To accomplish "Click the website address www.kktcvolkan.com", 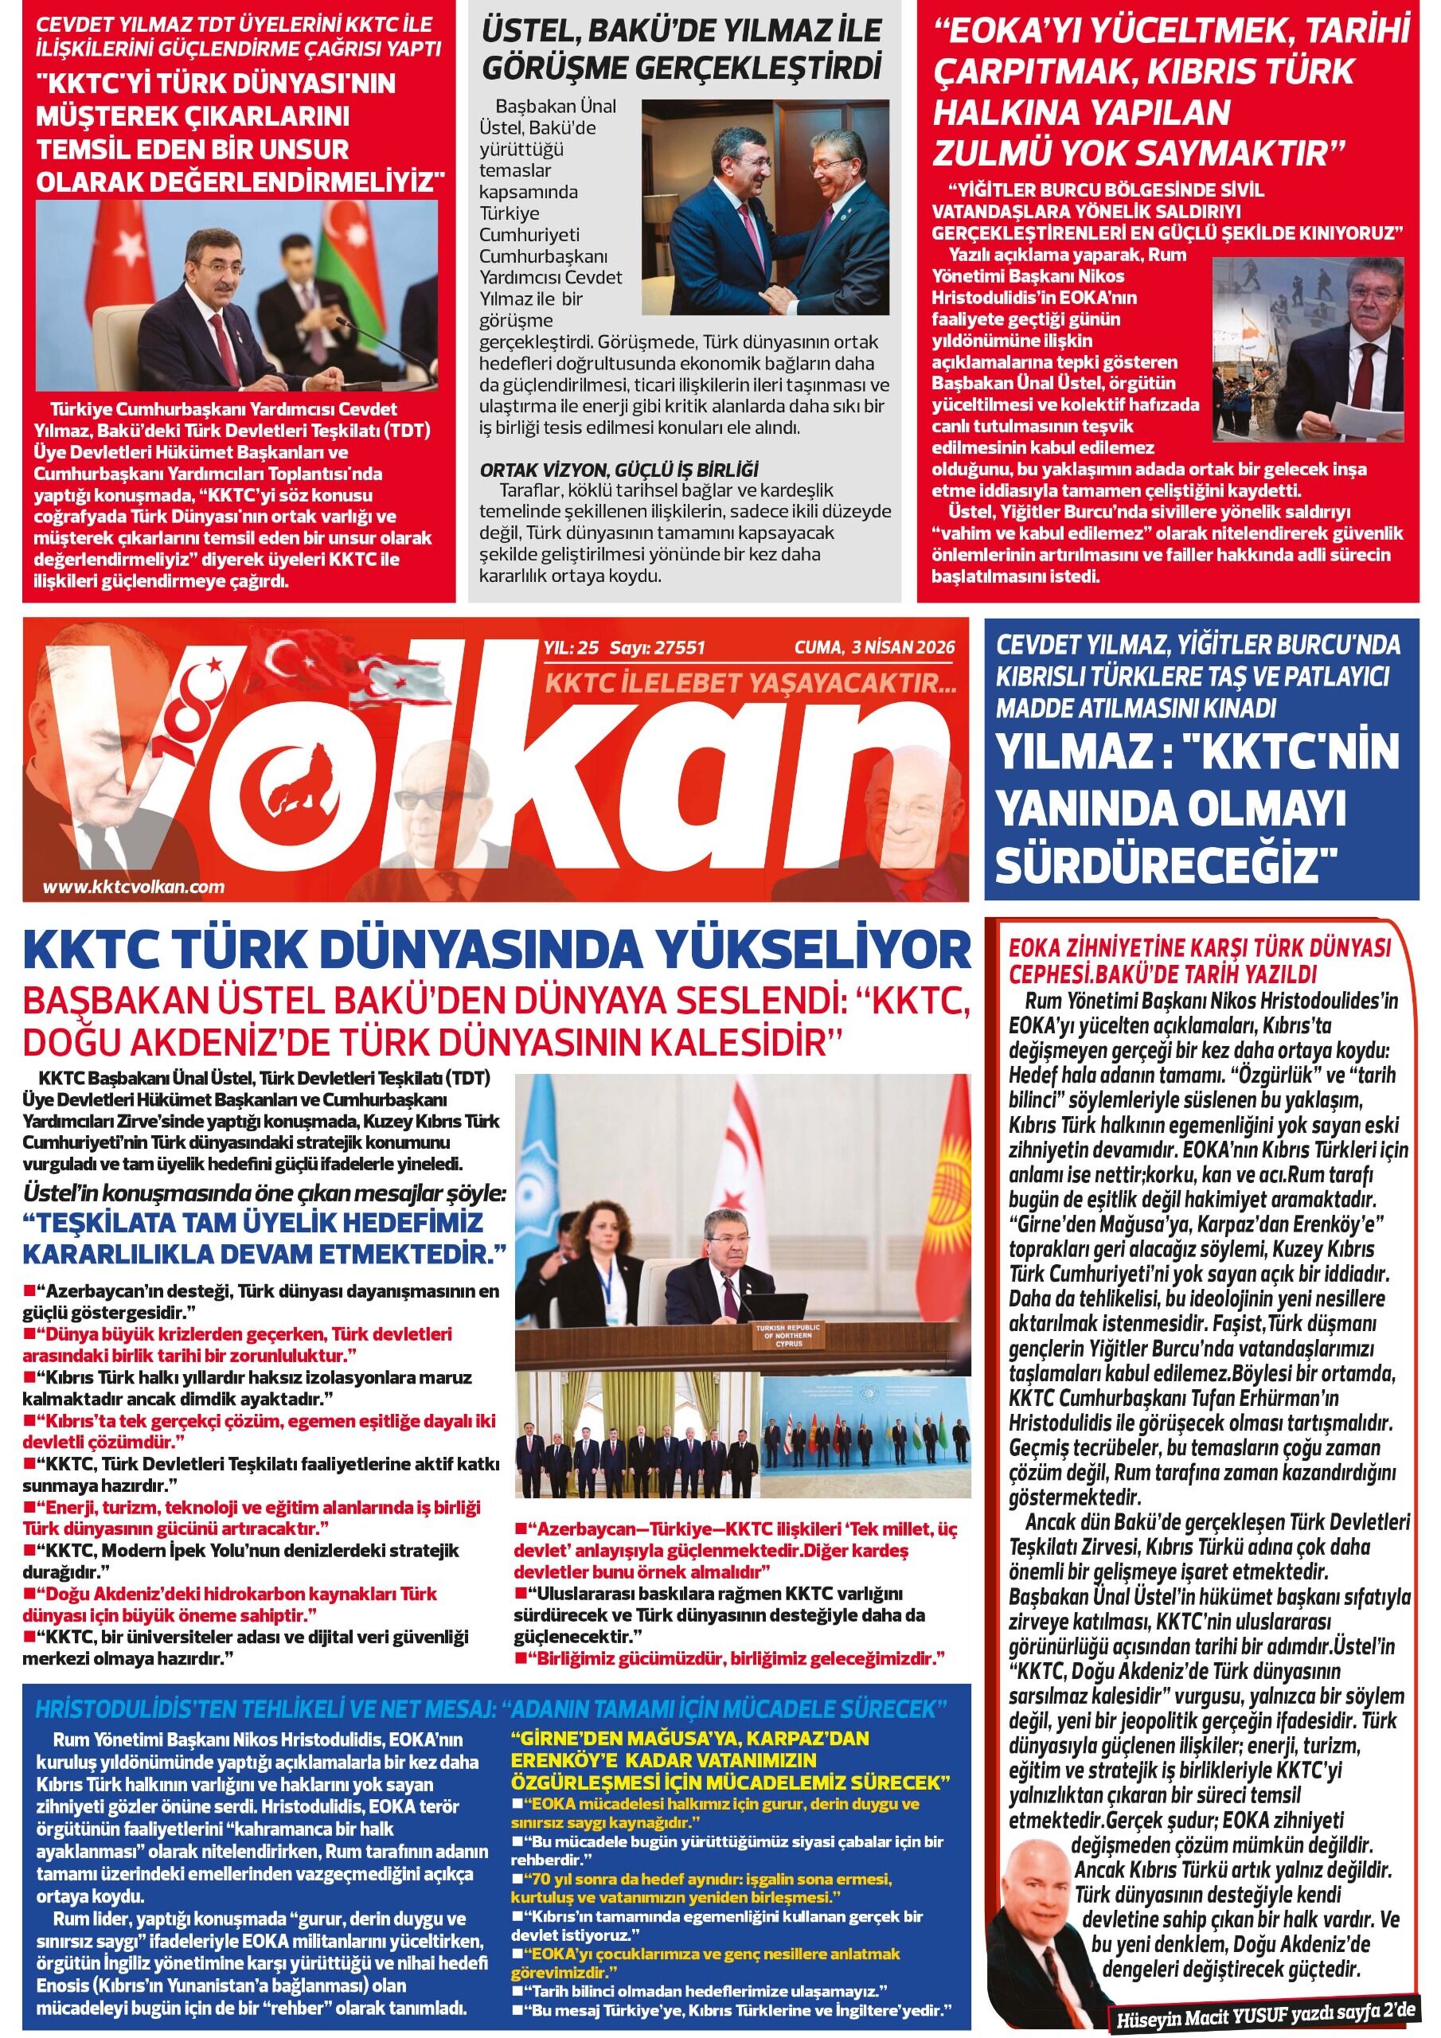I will click(x=133, y=886).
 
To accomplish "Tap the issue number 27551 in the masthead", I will click(x=678, y=648).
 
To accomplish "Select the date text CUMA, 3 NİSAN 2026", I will click(x=873, y=648).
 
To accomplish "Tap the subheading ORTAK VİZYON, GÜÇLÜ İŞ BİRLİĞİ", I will click(x=619, y=470).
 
